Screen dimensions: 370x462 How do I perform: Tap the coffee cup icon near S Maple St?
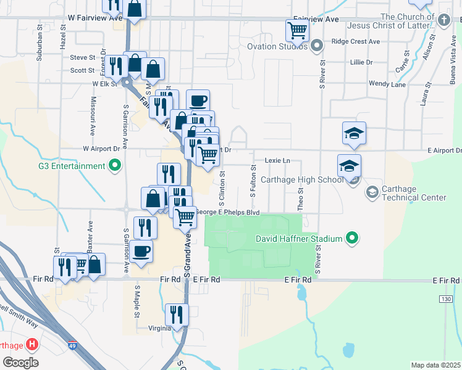pos(141,252)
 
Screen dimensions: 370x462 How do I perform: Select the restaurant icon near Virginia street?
pos(177,314)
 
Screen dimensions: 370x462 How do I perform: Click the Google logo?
pos(20,363)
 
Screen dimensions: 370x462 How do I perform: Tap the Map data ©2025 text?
pos(435,365)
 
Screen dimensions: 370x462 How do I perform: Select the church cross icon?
pos(443,20)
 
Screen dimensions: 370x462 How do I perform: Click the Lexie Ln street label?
pos(277,160)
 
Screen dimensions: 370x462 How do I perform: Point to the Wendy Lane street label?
pos(387,84)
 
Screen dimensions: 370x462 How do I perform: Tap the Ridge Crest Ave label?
pos(356,41)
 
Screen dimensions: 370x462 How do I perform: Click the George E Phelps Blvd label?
pos(227,213)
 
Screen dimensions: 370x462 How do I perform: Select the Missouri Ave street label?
pos(93,116)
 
